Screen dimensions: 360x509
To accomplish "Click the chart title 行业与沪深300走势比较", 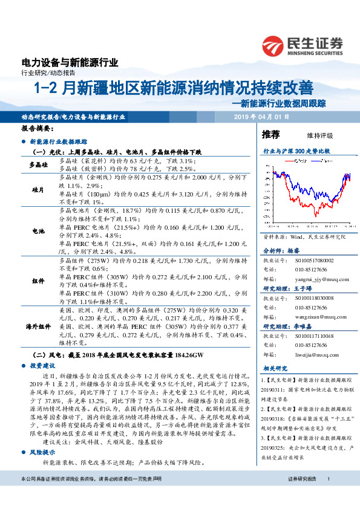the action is pos(296,150).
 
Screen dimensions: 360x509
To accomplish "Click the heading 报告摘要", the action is pos(37,129).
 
